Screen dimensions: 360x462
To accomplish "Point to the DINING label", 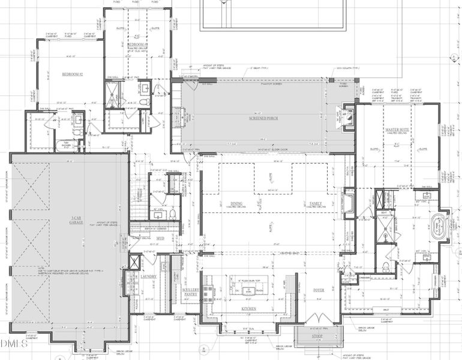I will point(236,204).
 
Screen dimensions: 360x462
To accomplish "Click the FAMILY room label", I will point(316,204).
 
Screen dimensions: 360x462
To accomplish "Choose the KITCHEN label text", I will point(249,308).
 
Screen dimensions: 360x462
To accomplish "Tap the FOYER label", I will point(319,290).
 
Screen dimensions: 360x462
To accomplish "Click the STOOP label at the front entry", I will point(317,337).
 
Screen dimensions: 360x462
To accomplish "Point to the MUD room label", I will point(160,238).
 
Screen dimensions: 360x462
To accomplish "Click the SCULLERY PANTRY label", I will point(190,292).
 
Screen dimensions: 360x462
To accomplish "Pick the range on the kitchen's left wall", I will point(208,292).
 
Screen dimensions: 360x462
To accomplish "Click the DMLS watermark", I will point(14,344).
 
